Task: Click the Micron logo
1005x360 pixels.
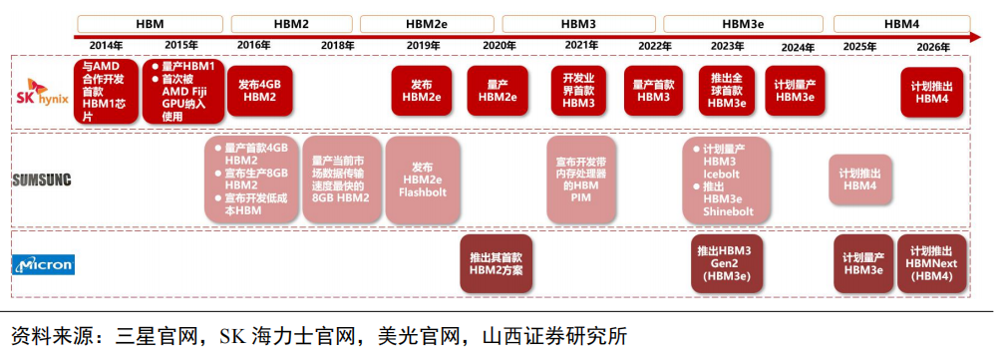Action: (x=42, y=265)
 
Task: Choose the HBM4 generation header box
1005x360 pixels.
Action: (x=901, y=23)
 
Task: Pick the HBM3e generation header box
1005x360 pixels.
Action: (x=741, y=23)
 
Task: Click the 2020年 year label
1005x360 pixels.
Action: (x=499, y=46)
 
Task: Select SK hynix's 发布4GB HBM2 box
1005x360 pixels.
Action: (x=259, y=91)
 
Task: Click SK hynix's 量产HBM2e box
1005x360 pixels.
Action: (x=498, y=91)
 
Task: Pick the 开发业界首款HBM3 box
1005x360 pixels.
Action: (x=578, y=91)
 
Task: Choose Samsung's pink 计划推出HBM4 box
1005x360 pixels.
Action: (x=859, y=180)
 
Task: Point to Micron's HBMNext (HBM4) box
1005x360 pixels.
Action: (x=931, y=263)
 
